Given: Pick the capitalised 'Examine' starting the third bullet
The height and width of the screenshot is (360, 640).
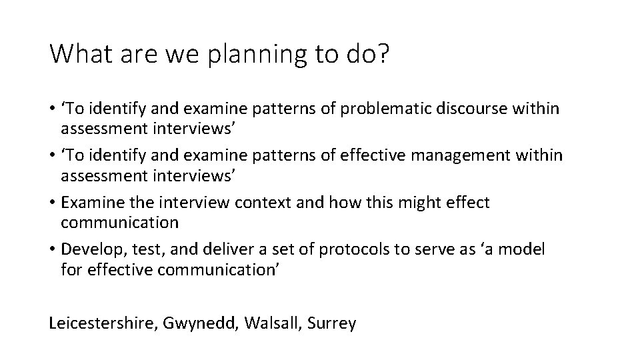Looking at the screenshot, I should tap(89, 203).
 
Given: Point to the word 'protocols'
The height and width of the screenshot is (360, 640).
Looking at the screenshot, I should tap(354, 250).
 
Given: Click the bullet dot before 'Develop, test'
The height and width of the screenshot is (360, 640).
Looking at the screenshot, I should tap(53, 250).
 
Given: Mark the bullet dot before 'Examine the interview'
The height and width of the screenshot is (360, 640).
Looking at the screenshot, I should tap(53, 203).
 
